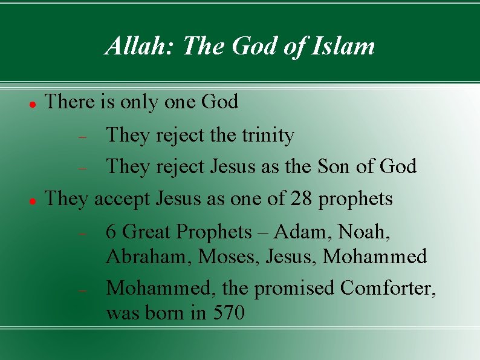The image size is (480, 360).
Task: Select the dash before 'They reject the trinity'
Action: pyautogui.click(x=84, y=137)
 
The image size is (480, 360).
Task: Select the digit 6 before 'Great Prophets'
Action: pyautogui.click(x=111, y=232)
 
